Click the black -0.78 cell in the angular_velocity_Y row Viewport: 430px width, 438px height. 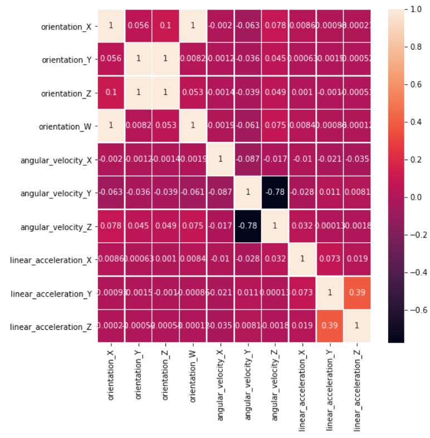pos(274,193)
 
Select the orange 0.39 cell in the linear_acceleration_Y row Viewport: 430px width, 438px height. pos(356,293)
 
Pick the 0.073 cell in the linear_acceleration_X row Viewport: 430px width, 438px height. pos(329,259)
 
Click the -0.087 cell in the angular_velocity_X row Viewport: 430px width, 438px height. pos(247,160)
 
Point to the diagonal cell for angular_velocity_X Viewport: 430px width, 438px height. pos(220,160)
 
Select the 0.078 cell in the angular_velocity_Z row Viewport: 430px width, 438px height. pos(111,226)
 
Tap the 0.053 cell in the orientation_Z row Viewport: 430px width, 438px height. pos(193,93)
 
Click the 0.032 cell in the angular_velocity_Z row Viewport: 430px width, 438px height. pos(302,226)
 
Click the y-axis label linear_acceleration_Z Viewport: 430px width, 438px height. pos(51,326)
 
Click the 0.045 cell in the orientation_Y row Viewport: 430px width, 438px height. pos(275,60)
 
